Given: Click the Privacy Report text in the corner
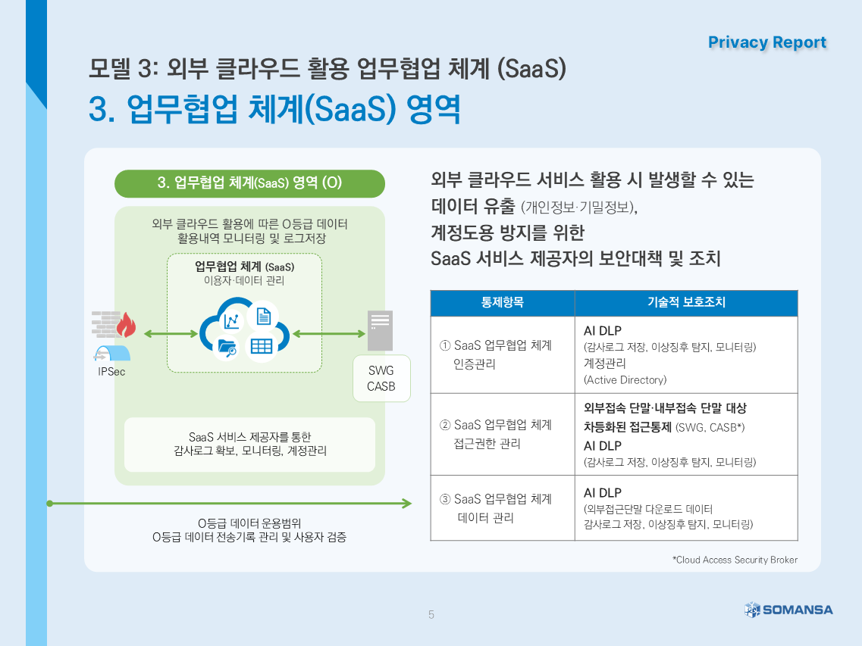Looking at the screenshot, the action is [767, 42].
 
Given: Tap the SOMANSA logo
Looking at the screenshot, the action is [789, 610].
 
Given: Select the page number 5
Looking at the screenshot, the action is [431, 615].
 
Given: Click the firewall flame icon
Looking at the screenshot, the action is [126, 325].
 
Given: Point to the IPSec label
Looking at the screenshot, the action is [111, 372].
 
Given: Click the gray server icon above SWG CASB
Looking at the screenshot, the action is [380, 330].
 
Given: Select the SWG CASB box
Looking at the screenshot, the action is [381, 379].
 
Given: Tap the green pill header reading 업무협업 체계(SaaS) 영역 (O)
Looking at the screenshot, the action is [249, 183].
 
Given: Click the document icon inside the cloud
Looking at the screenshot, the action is [264, 317].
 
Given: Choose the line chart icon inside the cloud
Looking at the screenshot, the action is [231, 321].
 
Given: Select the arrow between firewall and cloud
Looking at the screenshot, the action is [171, 333].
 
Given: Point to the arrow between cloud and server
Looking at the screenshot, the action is [329, 333].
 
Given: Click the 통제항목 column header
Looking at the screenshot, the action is [503, 302].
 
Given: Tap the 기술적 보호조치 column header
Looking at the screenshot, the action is [686, 302].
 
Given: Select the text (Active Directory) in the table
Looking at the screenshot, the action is [625, 380].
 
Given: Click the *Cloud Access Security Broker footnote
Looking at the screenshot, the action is [735, 560].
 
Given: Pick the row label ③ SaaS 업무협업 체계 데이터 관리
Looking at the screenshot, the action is [495, 508].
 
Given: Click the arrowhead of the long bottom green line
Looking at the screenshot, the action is [407, 503].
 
